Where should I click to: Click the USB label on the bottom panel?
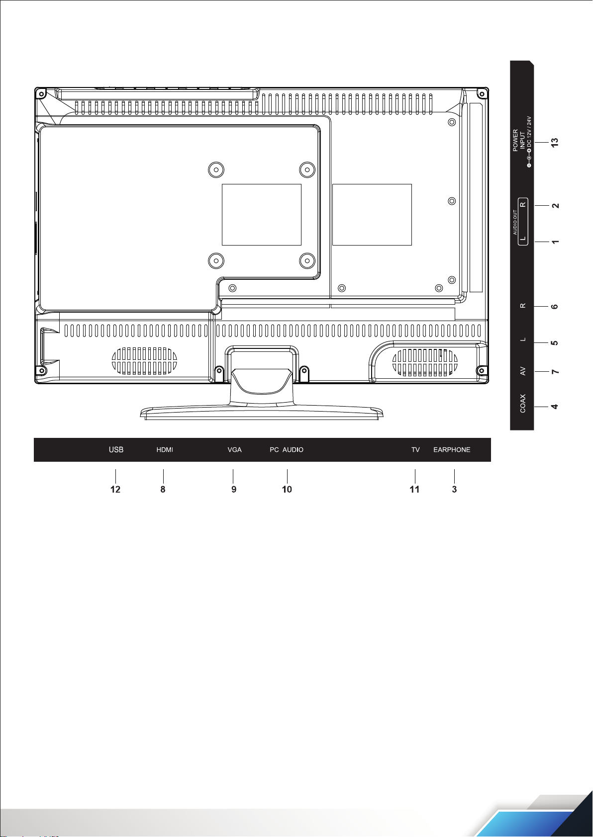click(x=116, y=449)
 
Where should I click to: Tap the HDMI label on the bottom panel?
click(x=165, y=449)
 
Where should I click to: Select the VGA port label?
click(x=234, y=449)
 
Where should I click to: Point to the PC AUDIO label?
click(x=287, y=449)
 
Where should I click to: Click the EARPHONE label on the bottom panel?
click(x=452, y=449)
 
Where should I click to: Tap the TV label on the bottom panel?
click(x=415, y=449)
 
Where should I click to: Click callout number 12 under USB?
click(x=115, y=490)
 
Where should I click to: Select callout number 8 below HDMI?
click(x=163, y=490)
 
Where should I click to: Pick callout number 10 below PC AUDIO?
click(x=287, y=490)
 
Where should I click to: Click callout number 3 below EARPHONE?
click(x=454, y=490)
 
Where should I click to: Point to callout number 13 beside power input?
click(x=555, y=142)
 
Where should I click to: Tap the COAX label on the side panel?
click(x=523, y=404)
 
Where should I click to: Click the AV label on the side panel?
click(x=523, y=371)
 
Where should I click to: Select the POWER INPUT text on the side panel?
click(x=519, y=140)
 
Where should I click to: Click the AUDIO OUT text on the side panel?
click(x=515, y=222)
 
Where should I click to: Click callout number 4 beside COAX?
click(x=555, y=407)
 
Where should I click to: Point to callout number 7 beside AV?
click(x=555, y=371)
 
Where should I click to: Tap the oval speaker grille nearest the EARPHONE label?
click(x=425, y=363)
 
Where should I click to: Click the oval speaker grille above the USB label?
click(x=144, y=361)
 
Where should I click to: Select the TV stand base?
click(x=262, y=413)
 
